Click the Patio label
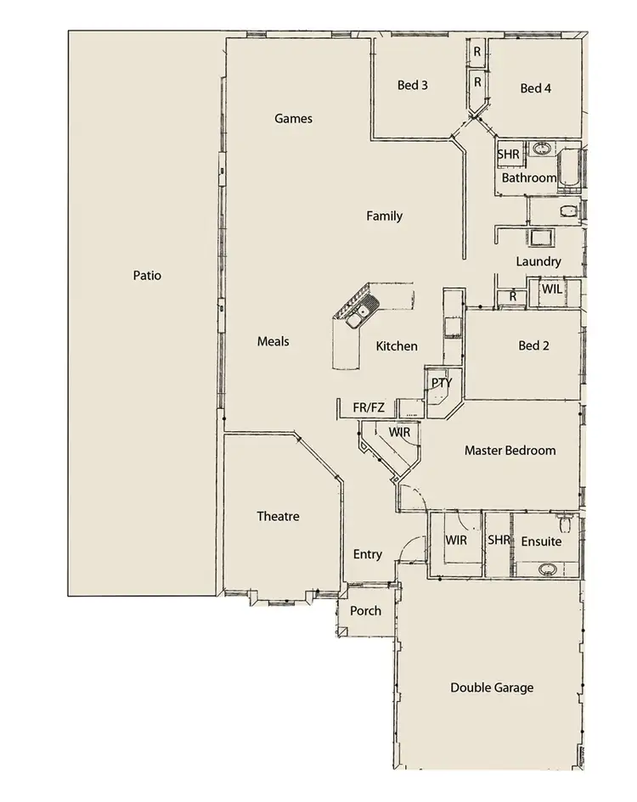click(x=147, y=276)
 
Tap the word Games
click(x=293, y=119)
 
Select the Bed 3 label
click(x=412, y=86)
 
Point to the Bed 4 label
click(x=536, y=88)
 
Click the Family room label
click(x=384, y=216)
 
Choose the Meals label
click(x=273, y=341)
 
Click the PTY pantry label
click(x=442, y=383)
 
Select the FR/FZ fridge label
click(x=369, y=408)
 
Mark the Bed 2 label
click(x=534, y=345)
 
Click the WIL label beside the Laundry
click(x=551, y=289)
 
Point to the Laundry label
click(x=538, y=262)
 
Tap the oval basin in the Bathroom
click(x=540, y=151)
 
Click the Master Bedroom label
click(x=510, y=451)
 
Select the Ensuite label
click(x=541, y=541)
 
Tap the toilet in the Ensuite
click(x=562, y=519)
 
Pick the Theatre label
click(x=278, y=516)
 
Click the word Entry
click(x=367, y=555)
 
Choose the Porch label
click(x=365, y=611)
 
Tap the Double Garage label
click(x=492, y=687)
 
